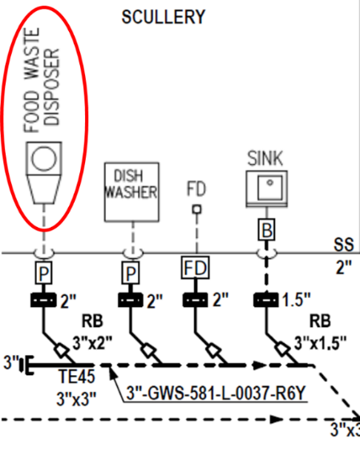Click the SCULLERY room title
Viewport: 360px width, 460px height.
pyautogui.click(x=163, y=17)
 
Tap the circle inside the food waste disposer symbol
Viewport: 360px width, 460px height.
pyautogui.click(x=44, y=159)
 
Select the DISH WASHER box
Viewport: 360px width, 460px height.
pyautogui.click(x=131, y=192)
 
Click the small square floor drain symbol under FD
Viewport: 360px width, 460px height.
pyautogui.click(x=197, y=209)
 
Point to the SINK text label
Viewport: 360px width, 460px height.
pyautogui.click(x=265, y=159)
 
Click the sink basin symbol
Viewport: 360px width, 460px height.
pyautogui.click(x=267, y=188)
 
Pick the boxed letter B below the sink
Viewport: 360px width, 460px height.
pyautogui.click(x=267, y=230)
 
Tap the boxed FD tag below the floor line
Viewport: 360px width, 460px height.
pyautogui.click(x=196, y=268)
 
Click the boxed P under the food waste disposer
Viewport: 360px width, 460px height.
pyautogui.click(x=44, y=272)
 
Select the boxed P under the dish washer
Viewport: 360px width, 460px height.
pyautogui.click(x=131, y=272)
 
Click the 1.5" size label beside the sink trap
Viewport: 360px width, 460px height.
pyautogui.click(x=297, y=300)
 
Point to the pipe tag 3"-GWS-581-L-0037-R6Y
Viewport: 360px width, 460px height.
pyautogui.click(x=216, y=393)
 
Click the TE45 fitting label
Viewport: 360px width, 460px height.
pyautogui.click(x=77, y=376)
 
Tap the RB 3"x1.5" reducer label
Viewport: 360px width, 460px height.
pyautogui.click(x=321, y=332)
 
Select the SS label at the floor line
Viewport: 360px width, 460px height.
pyautogui.click(x=344, y=244)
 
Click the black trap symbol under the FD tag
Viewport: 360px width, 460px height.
pyautogui.click(x=196, y=300)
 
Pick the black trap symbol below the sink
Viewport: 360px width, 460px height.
pyautogui.click(x=266, y=300)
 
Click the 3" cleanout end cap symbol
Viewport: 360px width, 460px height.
pyautogui.click(x=26, y=365)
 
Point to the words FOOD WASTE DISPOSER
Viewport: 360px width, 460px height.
pyautogui.click(x=42, y=81)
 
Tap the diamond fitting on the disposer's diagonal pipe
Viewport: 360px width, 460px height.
pyautogui.click(x=61, y=350)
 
